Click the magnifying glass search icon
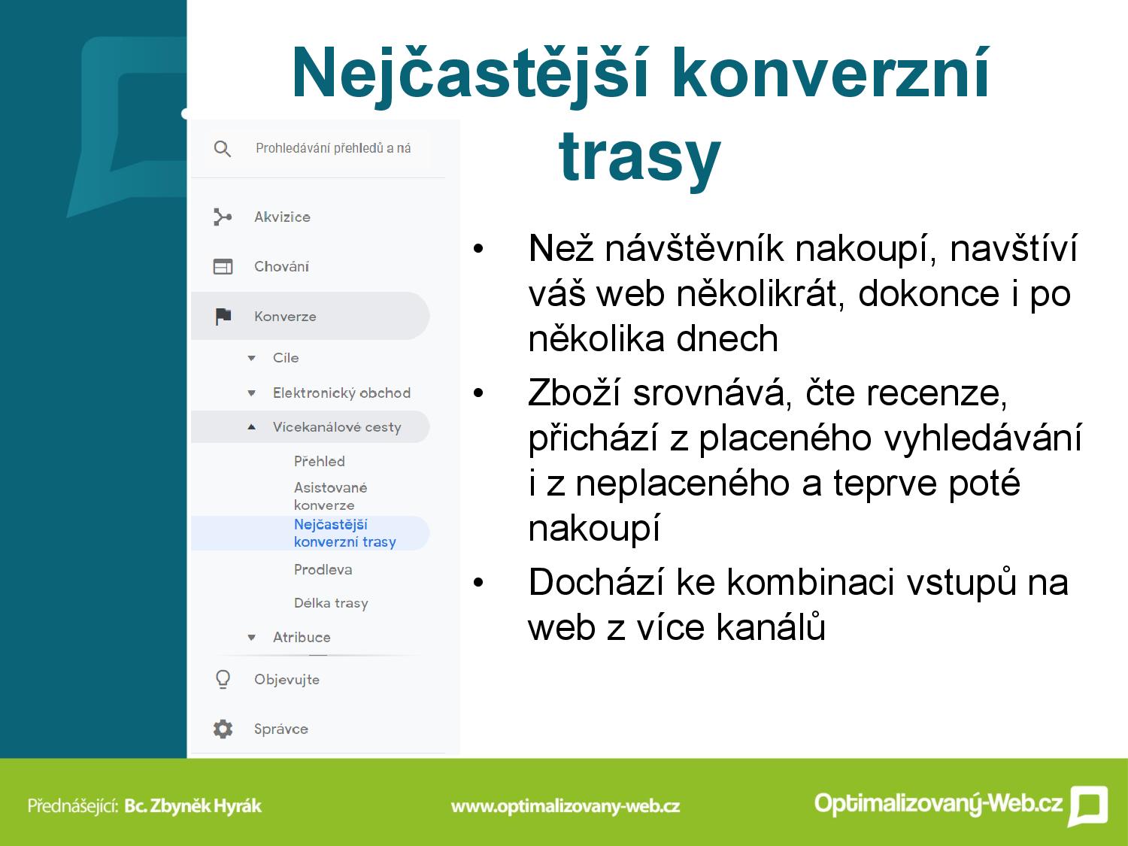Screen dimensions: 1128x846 pos(222,149)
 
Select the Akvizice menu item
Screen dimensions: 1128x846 pos(282,217)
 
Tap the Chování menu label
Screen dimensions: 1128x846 pos(281,267)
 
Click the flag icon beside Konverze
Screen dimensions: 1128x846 pos(223,317)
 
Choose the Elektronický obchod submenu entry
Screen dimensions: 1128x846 pos(341,393)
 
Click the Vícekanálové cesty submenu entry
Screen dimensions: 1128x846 pos(337,427)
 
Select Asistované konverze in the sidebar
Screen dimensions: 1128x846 pos(330,496)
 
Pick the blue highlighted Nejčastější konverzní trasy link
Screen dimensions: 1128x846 pos(345,533)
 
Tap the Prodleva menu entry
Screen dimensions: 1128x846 pos(323,570)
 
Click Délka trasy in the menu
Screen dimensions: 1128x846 pos(331,603)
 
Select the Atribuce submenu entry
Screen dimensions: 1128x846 pos(302,638)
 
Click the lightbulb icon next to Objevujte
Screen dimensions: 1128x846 pos(223,680)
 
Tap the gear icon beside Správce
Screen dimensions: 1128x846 pos(223,729)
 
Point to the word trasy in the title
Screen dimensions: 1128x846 pos(640,156)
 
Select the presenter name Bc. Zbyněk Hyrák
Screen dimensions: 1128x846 pos(193,805)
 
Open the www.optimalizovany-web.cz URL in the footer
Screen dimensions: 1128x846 pos(566,806)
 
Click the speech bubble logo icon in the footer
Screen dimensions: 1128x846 pos(1088,806)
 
